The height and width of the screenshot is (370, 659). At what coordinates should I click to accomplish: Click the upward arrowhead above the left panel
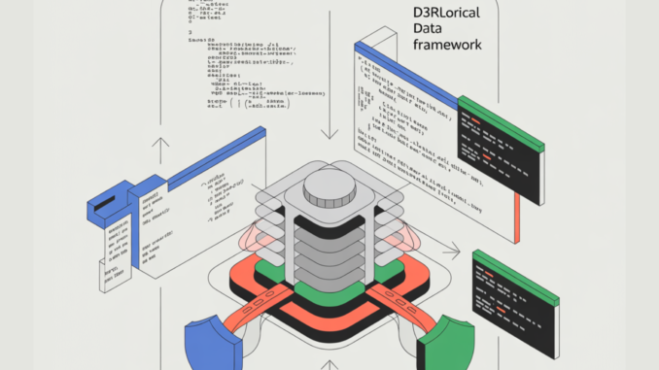(161, 143)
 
